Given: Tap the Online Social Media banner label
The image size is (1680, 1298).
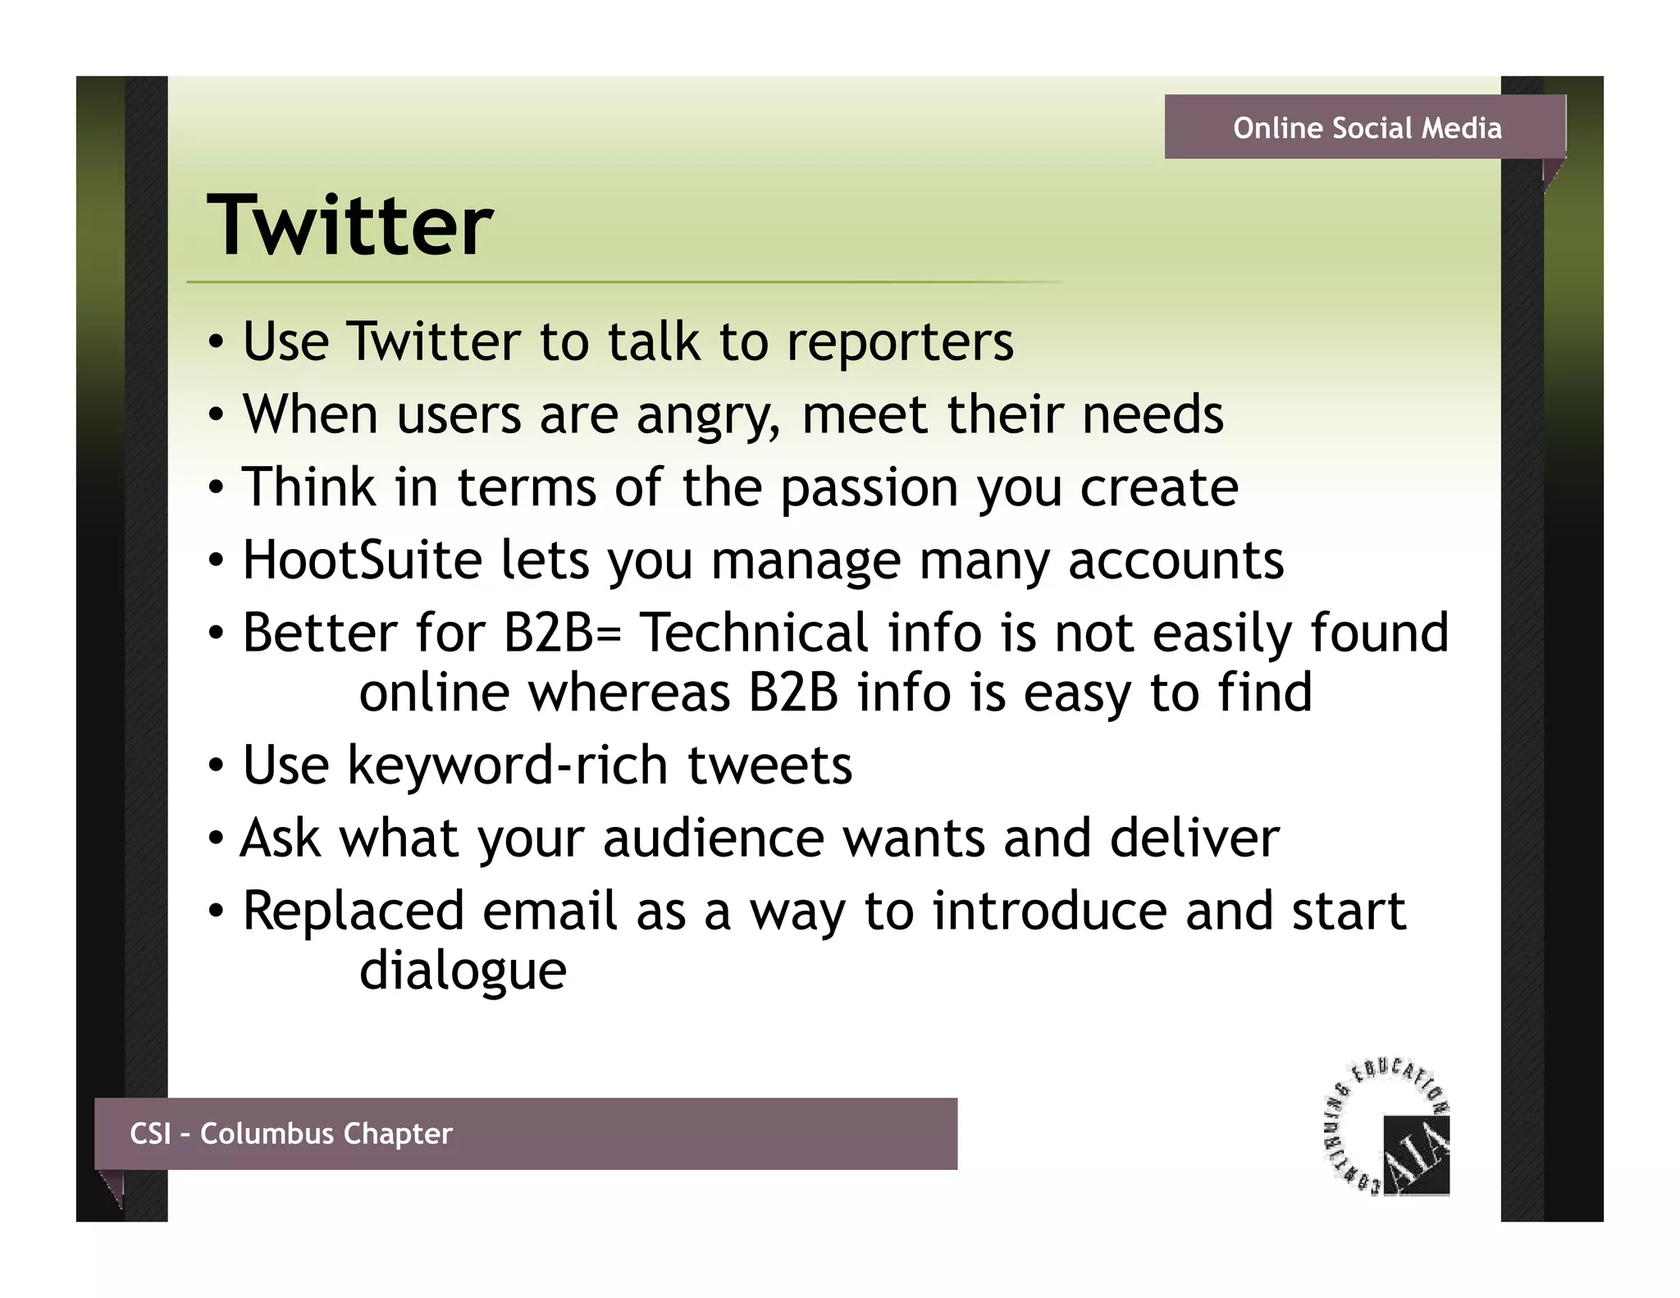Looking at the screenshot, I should click(1367, 129).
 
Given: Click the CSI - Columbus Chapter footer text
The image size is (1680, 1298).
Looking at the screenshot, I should click(291, 1134).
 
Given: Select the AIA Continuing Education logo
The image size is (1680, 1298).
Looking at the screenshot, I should click(1388, 1129).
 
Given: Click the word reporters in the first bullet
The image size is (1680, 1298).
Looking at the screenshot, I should click(900, 342).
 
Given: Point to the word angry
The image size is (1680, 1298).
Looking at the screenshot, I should click(707, 416).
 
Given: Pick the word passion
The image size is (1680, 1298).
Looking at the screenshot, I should click(869, 488).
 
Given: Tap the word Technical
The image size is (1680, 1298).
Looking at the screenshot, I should click(753, 633).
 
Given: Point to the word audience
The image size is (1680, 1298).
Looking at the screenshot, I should click(713, 839).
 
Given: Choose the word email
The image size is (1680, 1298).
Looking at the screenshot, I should click(549, 912).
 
